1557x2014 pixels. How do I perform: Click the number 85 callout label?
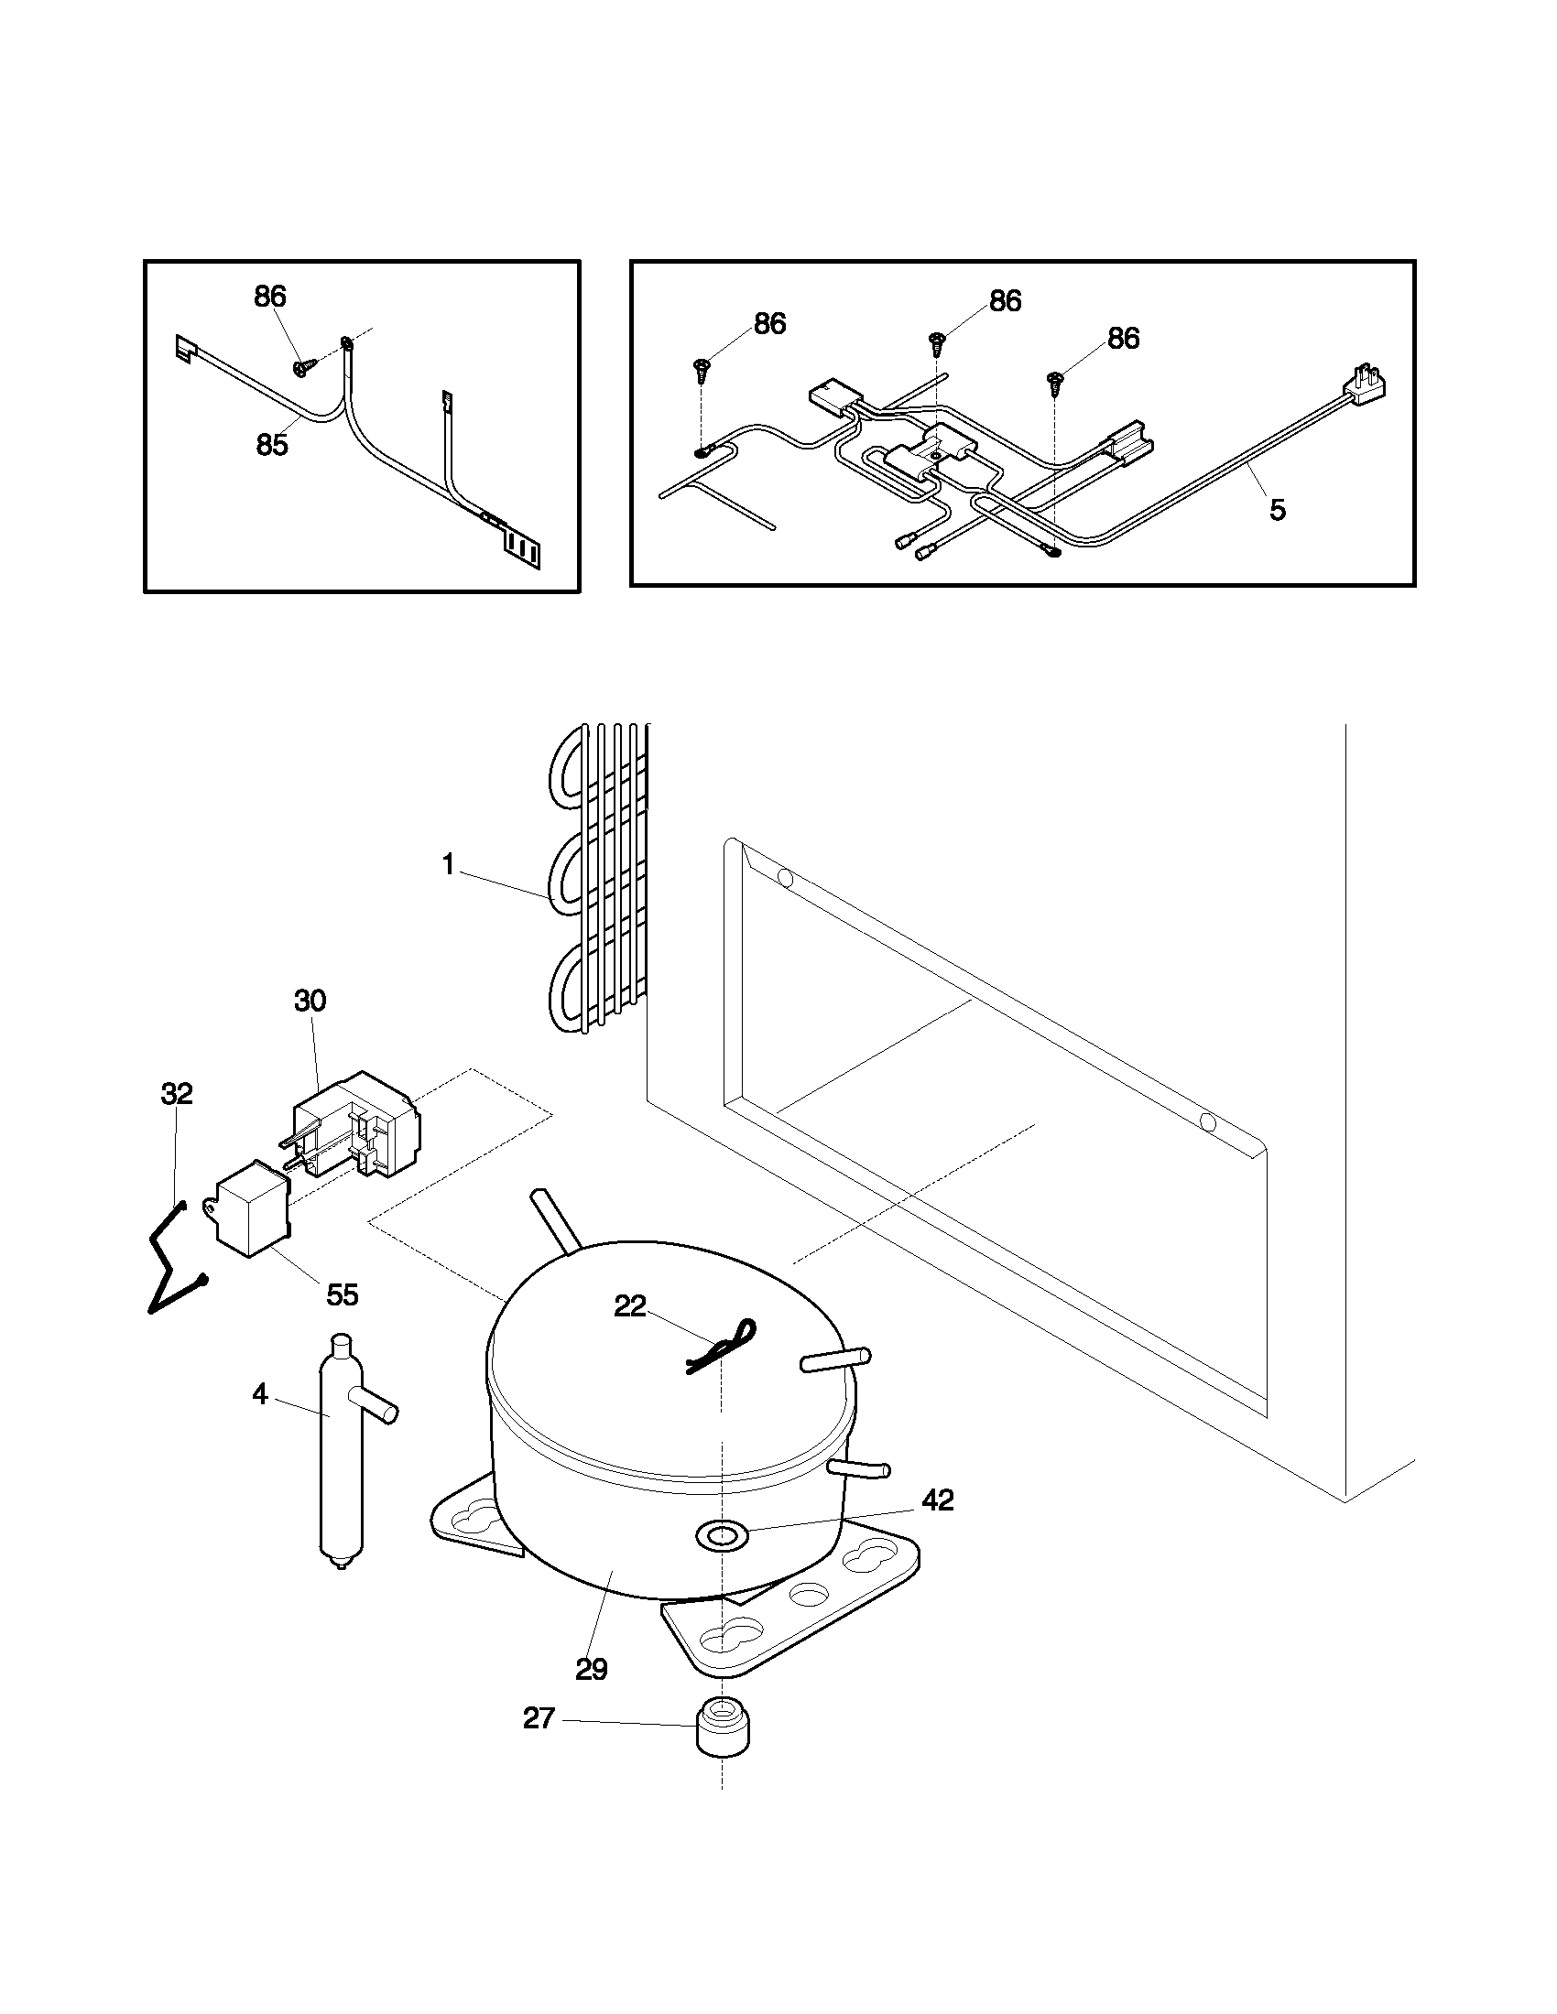coord(272,445)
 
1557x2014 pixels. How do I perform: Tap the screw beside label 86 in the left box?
coord(301,366)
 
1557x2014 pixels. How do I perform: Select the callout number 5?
coord(1277,509)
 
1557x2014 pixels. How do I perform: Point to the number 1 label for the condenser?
coord(448,865)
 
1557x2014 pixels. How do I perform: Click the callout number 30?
coord(310,1000)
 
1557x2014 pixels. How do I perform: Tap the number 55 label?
coord(343,1294)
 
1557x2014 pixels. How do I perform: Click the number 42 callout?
coord(937,1500)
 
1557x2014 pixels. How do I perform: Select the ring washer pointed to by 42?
coord(721,1534)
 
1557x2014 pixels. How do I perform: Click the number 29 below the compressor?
coord(592,1669)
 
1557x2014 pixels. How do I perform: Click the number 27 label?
coord(539,1717)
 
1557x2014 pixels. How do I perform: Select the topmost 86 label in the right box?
coord(1005,300)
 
